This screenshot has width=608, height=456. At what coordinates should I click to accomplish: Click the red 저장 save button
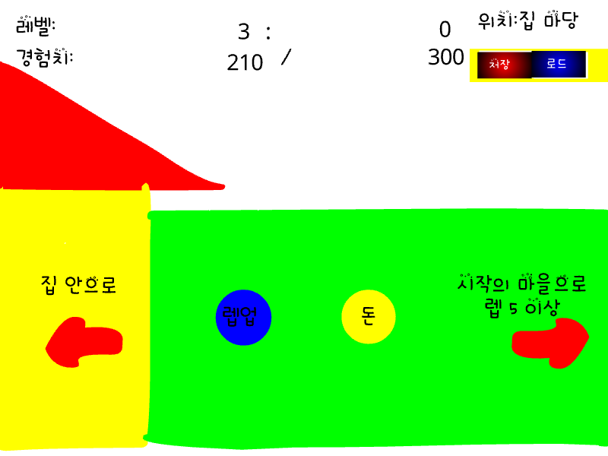[x=504, y=65]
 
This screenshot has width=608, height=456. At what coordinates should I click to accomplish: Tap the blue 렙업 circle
[x=243, y=317]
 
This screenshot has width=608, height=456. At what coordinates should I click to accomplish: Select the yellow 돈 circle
[x=369, y=316]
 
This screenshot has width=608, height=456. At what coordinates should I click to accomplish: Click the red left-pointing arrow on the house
[x=84, y=342]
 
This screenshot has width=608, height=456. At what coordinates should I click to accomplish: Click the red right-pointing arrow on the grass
[x=550, y=343]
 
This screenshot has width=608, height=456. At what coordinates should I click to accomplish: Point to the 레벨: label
[x=36, y=26]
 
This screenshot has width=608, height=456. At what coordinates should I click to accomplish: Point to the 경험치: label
[x=45, y=58]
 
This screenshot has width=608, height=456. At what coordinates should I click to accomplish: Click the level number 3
[x=243, y=31]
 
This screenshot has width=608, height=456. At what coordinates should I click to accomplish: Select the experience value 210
[x=245, y=62]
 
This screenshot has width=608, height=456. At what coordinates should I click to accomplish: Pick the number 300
[x=446, y=58]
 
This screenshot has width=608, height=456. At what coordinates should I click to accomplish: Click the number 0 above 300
[x=445, y=30]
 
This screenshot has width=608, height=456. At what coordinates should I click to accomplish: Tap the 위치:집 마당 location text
[x=527, y=21]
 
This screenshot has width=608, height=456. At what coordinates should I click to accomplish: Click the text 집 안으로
[x=78, y=285]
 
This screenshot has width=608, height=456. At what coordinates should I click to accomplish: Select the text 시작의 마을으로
[x=521, y=283]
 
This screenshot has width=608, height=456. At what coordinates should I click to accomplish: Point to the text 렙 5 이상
[x=522, y=308]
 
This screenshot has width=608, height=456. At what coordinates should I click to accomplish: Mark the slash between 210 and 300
[x=287, y=57]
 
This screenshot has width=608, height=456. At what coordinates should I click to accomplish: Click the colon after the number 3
[x=268, y=33]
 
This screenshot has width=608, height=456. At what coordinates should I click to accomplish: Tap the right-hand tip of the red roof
[x=224, y=187]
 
